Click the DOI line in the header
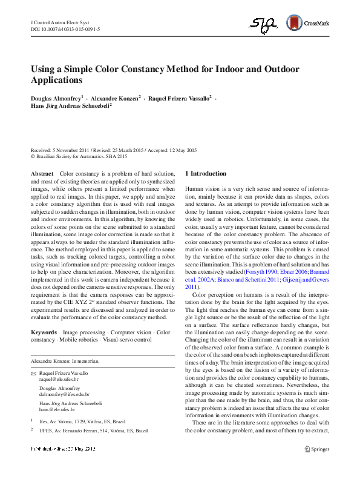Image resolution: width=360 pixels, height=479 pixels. click(65, 28)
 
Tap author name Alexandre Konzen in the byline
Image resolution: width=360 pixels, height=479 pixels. click(116, 97)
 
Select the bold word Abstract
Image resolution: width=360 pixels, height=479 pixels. click(42, 174)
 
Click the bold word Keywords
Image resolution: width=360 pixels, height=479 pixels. click(44, 332)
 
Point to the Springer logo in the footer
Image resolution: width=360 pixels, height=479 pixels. click(316, 449)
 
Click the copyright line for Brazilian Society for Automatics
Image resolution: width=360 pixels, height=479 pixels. click(79, 156)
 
